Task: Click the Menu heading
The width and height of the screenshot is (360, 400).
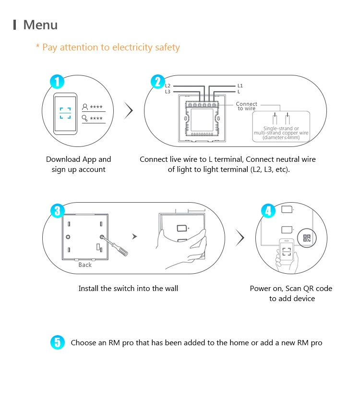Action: [x=40, y=25]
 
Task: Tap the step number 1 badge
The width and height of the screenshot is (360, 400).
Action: [x=57, y=82]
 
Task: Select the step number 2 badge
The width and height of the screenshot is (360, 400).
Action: [x=157, y=82]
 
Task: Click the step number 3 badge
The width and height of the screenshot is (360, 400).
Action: [x=57, y=210]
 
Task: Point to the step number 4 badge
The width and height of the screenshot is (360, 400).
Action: [x=268, y=210]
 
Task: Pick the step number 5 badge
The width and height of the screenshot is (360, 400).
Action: [x=57, y=342]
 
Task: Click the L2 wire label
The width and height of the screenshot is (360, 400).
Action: [x=168, y=85]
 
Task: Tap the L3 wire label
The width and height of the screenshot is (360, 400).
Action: [x=168, y=91]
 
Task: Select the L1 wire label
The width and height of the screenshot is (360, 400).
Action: [x=240, y=85]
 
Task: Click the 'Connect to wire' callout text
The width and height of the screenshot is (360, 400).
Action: [x=246, y=106]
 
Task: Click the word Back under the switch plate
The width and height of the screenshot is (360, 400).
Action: [x=85, y=265]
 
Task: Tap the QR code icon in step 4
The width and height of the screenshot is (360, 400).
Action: [x=307, y=238]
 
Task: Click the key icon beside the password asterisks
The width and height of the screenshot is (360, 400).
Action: [x=85, y=118]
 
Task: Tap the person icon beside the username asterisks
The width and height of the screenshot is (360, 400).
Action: [x=85, y=107]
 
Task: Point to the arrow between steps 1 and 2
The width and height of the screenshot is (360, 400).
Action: [x=128, y=111]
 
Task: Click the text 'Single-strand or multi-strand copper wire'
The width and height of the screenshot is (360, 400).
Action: [x=281, y=131]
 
